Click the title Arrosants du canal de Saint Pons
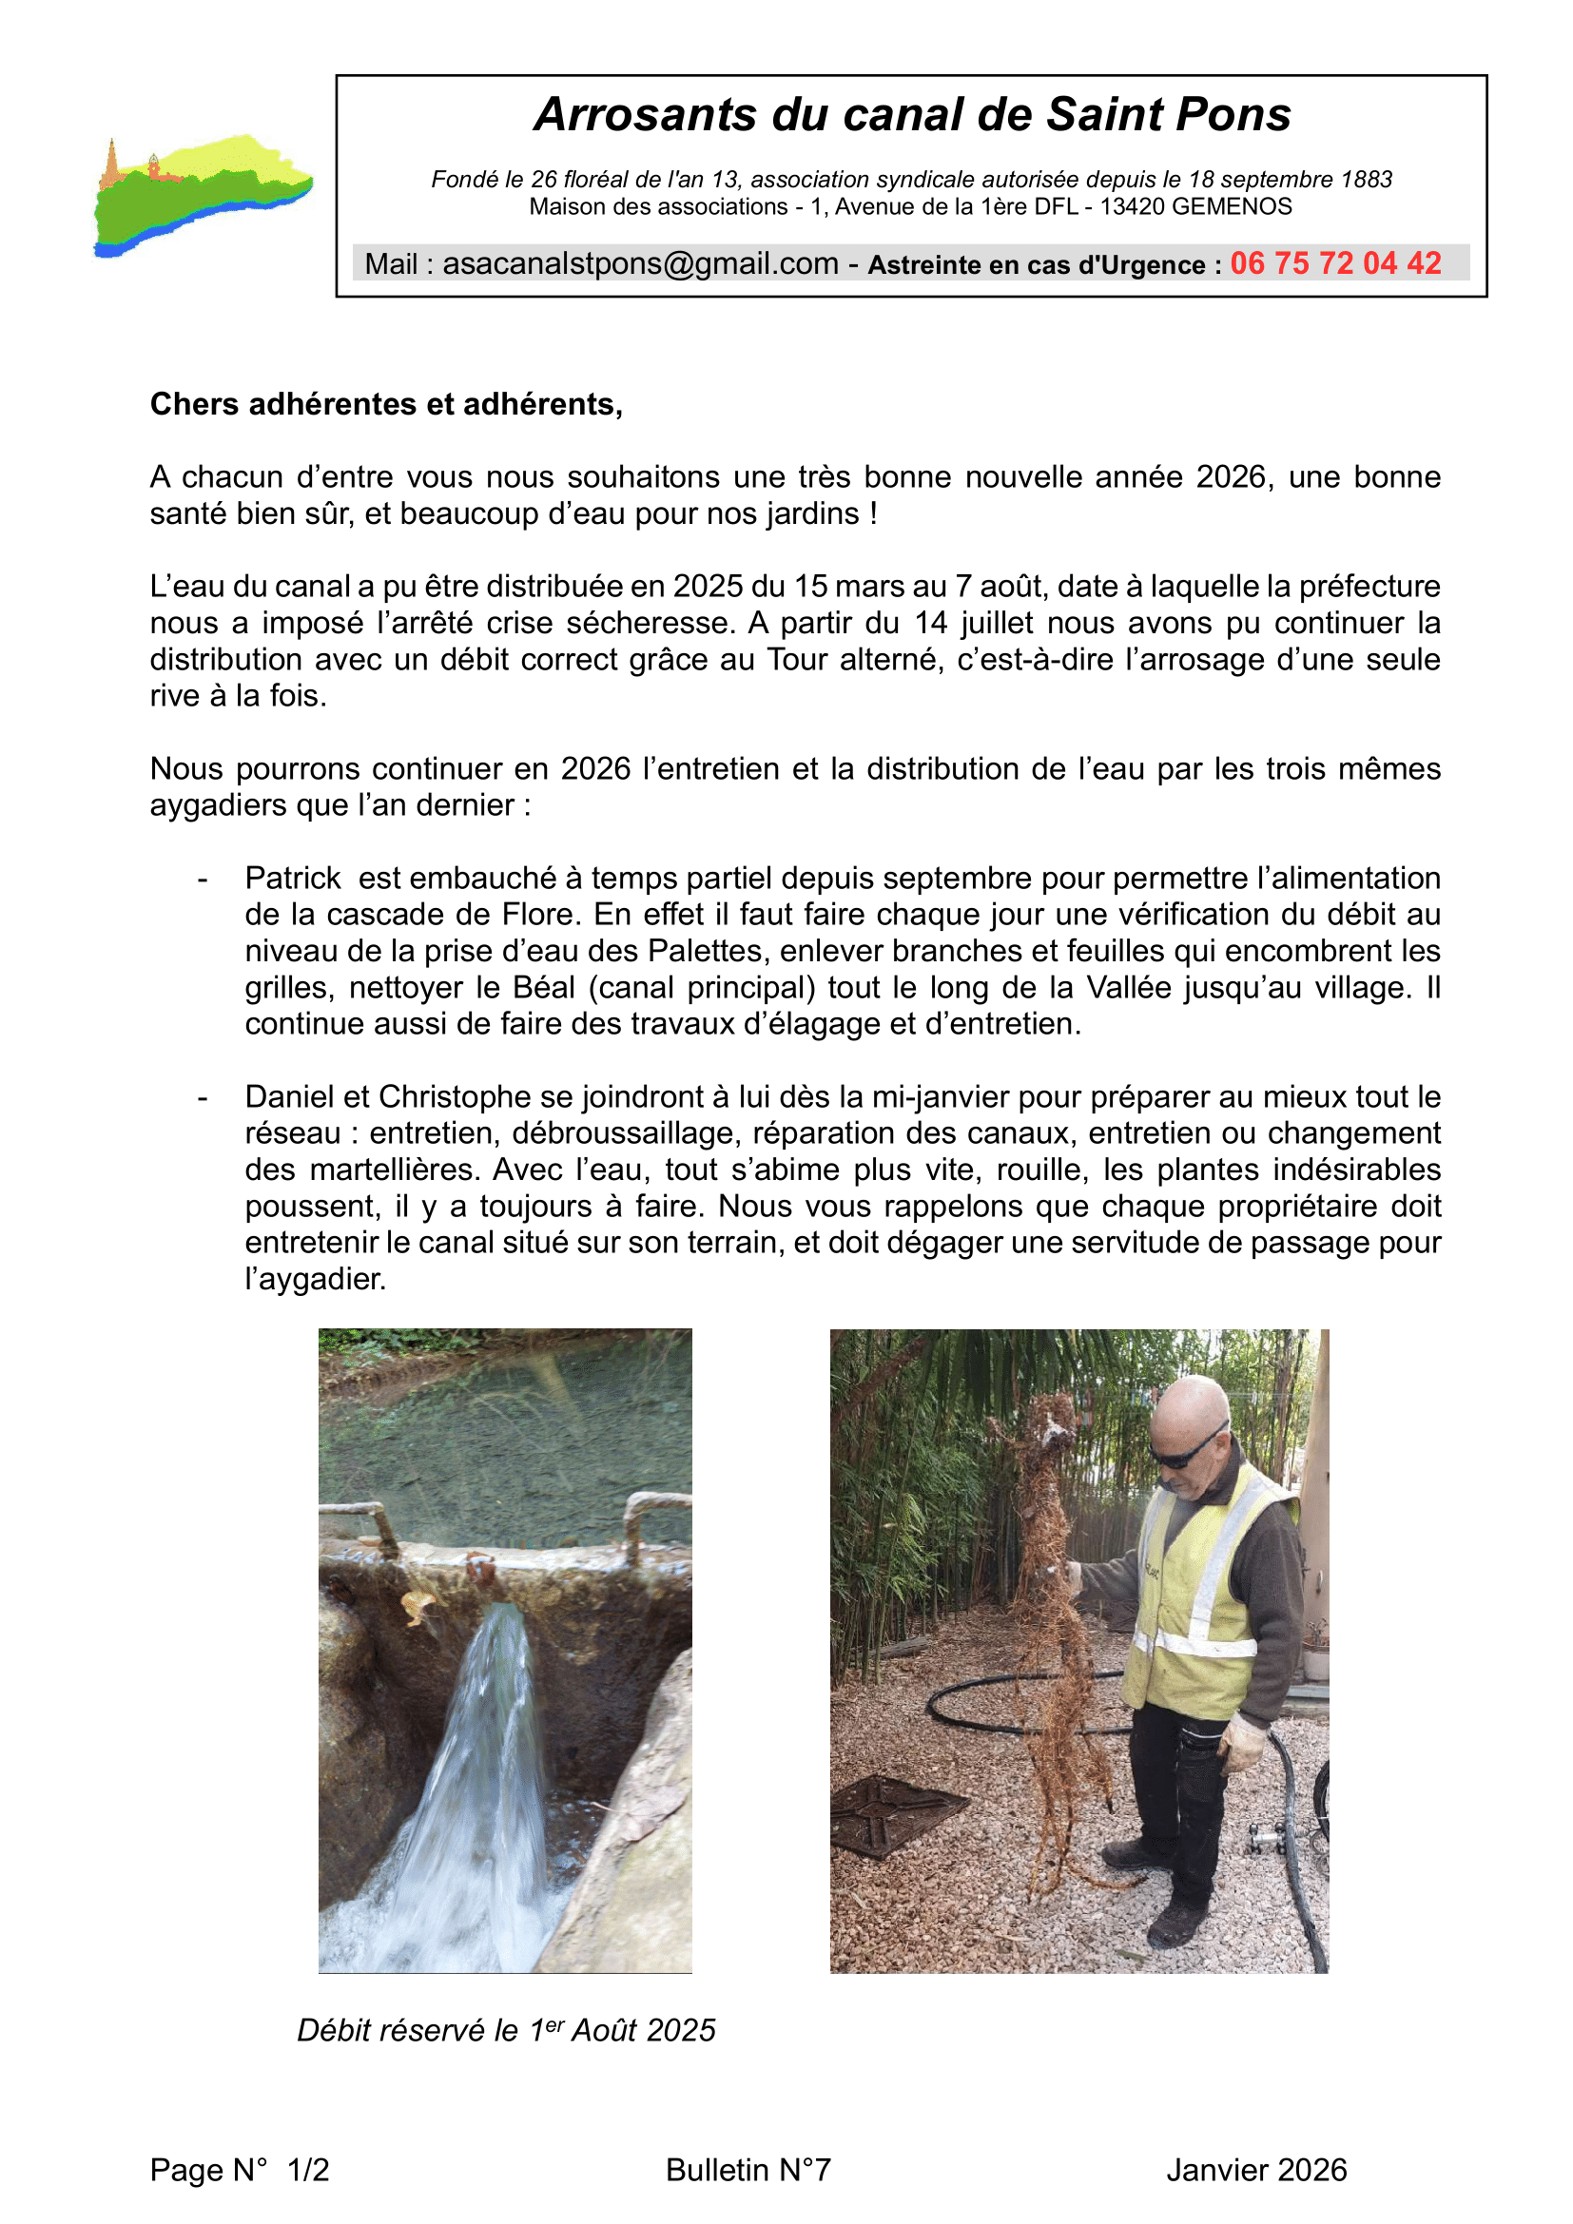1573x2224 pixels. [x=911, y=114]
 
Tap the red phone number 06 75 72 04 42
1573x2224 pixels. [x=1334, y=263]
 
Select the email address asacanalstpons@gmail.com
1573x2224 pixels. [x=640, y=263]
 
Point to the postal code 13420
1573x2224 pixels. [x=1133, y=206]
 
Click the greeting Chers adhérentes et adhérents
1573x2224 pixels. [x=385, y=404]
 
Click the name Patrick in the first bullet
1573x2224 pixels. [x=293, y=878]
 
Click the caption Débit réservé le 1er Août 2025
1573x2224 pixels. [x=506, y=2029]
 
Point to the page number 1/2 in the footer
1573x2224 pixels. [x=308, y=2170]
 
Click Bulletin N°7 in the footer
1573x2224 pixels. [x=748, y=2170]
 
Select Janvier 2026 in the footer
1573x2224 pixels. [x=1255, y=2170]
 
